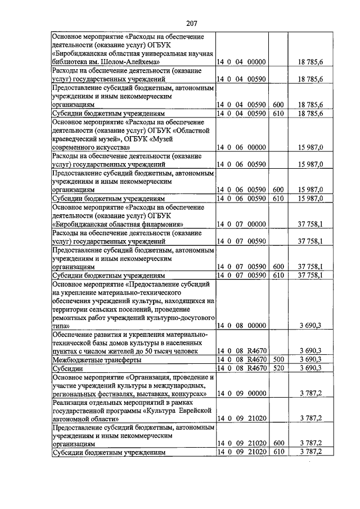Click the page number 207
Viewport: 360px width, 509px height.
(x=191, y=23)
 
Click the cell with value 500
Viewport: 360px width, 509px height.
(x=277, y=359)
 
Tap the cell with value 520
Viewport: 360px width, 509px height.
(x=277, y=368)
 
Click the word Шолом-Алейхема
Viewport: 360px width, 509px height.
(x=136, y=61)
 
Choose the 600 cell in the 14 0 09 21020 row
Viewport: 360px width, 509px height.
(x=277, y=443)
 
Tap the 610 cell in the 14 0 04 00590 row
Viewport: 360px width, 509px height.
(x=277, y=113)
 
